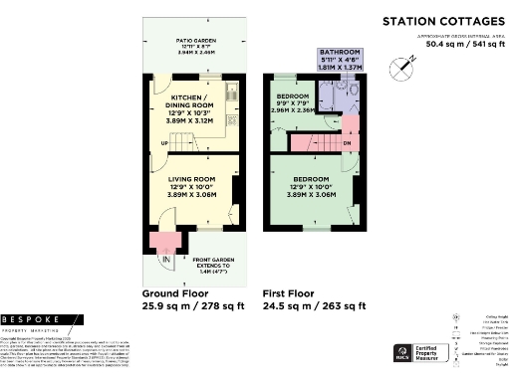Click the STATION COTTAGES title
click(x=443, y=21)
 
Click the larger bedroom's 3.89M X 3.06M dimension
click(x=310, y=197)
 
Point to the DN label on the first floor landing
click(x=347, y=142)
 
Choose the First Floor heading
click(x=288, y=293)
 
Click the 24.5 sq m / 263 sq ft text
click(x=314, y=307)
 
